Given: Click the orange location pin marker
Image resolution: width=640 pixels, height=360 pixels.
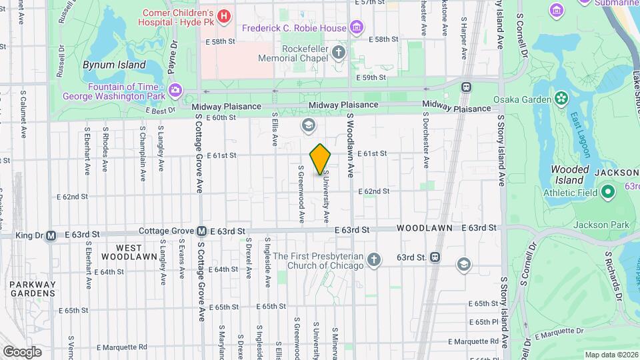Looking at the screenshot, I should (x=320, y=159).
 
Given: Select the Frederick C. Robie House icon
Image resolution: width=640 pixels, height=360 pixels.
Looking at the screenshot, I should (x=357, y=28).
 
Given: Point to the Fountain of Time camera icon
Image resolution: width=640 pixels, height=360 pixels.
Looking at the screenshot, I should (x=175, y=89).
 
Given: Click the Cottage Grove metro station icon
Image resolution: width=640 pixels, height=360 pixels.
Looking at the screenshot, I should (x=201, y=231).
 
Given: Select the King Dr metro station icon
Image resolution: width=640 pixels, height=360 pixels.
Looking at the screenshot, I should (x=51, y=235).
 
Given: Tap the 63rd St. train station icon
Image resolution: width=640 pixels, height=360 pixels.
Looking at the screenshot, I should (x=435, y=257).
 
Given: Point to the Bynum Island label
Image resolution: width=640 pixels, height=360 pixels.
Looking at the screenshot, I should (x=113, y=65).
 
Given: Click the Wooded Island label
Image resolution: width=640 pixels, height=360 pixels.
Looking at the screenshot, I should (x=570, y=175).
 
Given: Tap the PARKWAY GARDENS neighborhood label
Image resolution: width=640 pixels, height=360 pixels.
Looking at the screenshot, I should (x=32, y=288).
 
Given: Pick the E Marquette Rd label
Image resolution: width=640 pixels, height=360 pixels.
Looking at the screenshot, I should (x=121, y=347).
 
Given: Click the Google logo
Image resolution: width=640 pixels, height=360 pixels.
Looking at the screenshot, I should (x=22, y=351).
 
